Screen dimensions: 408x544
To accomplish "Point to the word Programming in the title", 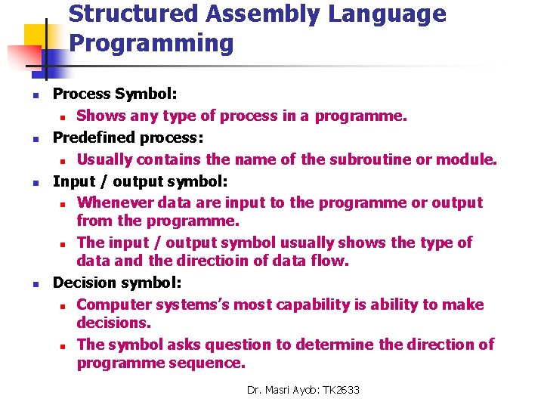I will click(151, 44).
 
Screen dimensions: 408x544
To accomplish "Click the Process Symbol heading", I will click(115, 94).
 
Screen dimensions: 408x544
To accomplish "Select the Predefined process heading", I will click(128, 138).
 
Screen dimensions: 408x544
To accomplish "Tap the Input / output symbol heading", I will click(140, 181).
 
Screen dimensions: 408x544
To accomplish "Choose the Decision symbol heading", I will click(116, 283).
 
